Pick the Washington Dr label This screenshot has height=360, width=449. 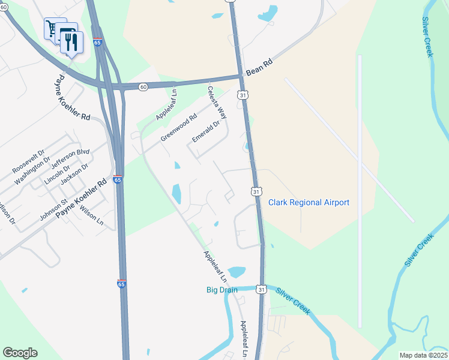tap(33, 171)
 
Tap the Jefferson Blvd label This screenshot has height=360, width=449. tap(70, 160)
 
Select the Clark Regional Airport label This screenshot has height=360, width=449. tap(309, 203)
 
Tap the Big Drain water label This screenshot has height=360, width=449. tap(222, 290)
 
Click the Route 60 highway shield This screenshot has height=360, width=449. tap(142, 87)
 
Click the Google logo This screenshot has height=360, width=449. tap(20, 353)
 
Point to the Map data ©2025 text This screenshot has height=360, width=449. tap(423, 355)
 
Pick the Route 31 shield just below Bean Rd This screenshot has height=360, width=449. tap(242, 95)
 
